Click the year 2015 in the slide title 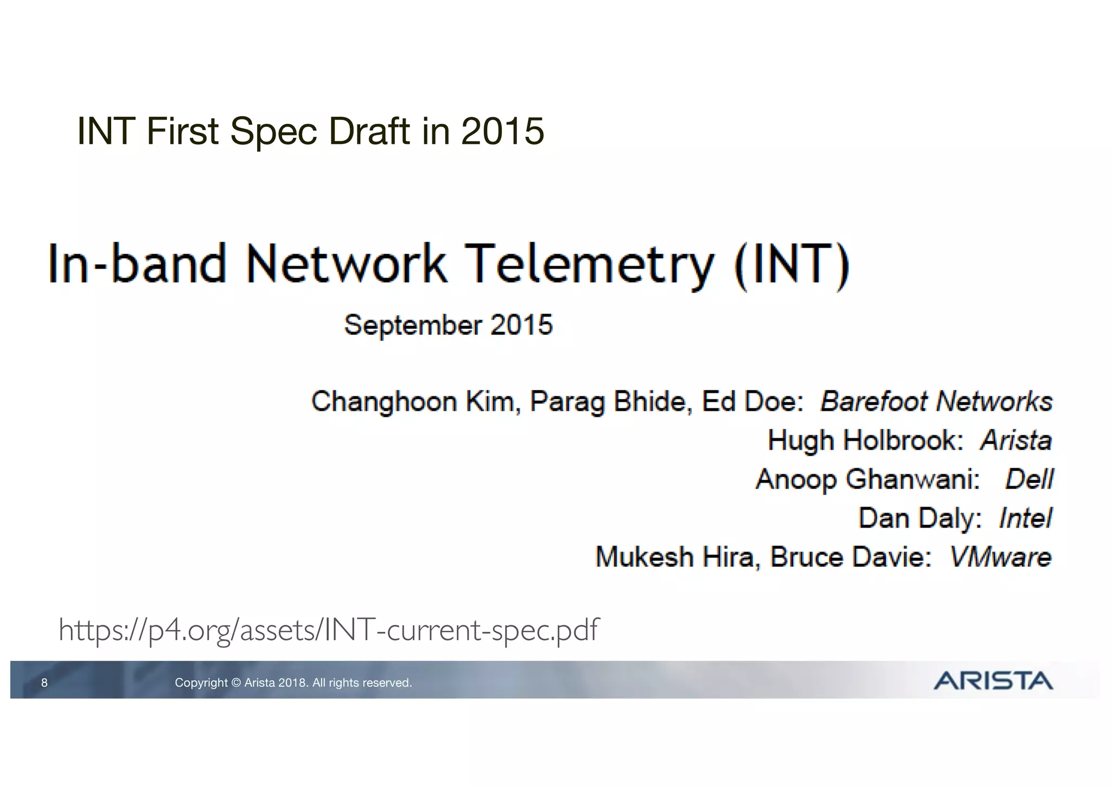tap(502, 131)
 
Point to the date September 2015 tap(449, 325)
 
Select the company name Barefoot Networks tap(936, 402)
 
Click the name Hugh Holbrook tap(865, 440)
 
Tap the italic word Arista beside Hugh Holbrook tap(1016, 440)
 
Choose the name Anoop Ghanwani tap(867, 479)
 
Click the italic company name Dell tap(1029, 479)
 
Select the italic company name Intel tap(1025, 518)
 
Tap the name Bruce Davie tap(851, 557)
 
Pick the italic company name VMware tap(1001, 557)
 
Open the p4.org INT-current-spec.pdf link tap(329, 630)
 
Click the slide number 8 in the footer tap(44, 683)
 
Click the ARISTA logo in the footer tap(993, 681)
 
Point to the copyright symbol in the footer tap(235, 683)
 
